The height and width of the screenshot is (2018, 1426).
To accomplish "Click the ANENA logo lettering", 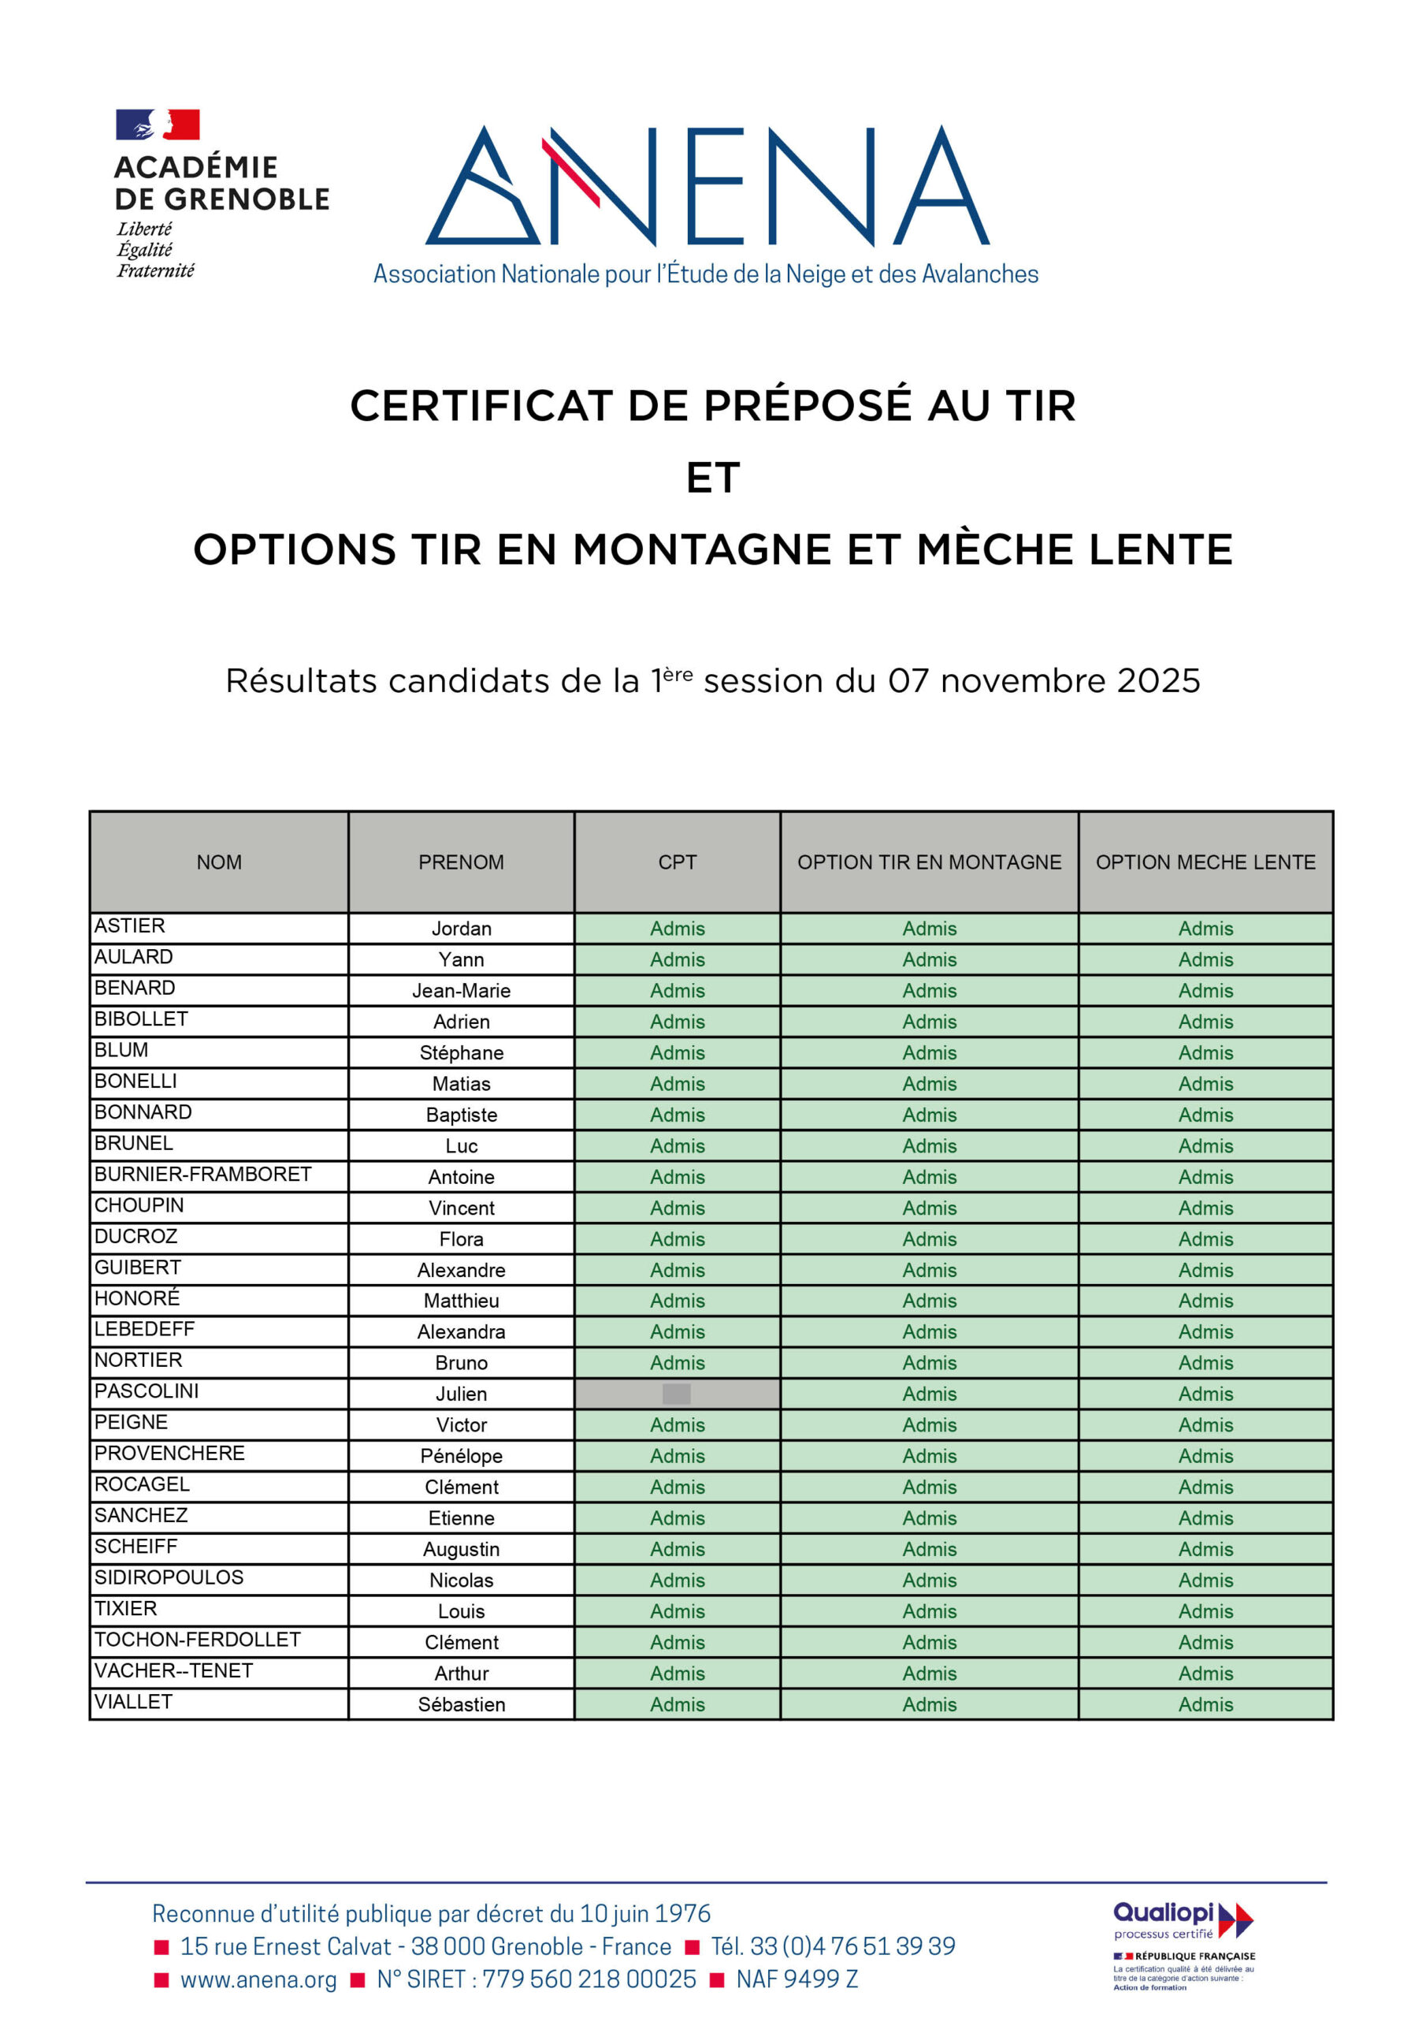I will tap(707, 185).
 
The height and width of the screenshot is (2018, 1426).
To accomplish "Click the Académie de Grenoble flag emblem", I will tap(158, 125).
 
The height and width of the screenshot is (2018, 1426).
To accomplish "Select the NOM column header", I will tap(219, 862).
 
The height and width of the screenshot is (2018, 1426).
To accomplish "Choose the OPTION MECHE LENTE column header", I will tap(1205, 862).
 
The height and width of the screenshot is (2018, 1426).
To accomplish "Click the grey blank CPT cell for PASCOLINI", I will tap(677, 1394).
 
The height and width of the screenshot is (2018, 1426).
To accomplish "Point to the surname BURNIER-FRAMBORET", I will tap(203, 1175).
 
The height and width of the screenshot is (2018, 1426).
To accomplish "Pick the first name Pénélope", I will tap(461, 1457).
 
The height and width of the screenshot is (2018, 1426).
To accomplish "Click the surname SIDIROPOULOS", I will tap(169, 1577).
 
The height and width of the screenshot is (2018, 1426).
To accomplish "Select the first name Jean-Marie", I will tap(461, 991).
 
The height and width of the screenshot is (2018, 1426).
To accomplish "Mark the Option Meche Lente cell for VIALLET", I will tap(1205, 1704).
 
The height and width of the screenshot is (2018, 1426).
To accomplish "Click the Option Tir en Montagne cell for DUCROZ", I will tap(929, 1239).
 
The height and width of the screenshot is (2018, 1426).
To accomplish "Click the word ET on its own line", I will tap(712, 478).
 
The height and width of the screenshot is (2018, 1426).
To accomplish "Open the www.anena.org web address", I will tap(258, 1979).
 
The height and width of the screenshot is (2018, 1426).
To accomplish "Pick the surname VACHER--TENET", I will tap(174, 1671).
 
